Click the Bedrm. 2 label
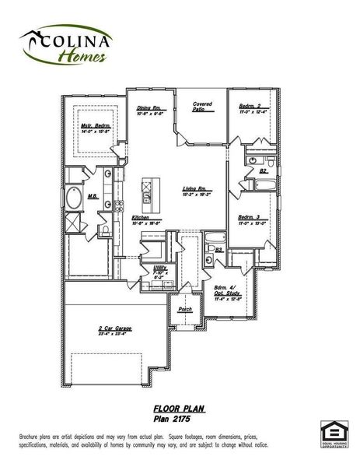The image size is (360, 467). coord(250,107)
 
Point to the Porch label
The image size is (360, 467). coord(185,310)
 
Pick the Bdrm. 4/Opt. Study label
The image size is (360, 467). coord(227,291)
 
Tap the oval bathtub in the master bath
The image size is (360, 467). coord(75,198)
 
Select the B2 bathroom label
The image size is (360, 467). coord(264,170)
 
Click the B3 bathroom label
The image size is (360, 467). coord(219,249)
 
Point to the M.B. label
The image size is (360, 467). coord(92,196)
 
